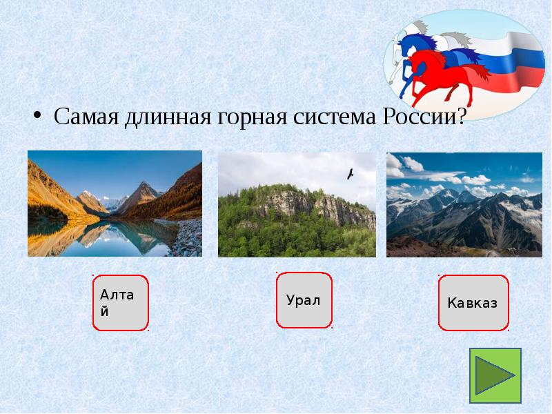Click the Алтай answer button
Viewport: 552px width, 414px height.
point(121,302)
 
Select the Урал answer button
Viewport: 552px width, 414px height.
point(304,300)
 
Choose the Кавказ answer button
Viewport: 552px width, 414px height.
point(473,303)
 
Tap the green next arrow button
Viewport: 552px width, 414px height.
point(495,375)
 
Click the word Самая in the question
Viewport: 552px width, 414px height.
point(86,115)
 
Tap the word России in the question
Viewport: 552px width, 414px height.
point(415,115)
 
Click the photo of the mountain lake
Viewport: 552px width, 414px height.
point(115,204)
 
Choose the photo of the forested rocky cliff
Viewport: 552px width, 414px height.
point(297,205)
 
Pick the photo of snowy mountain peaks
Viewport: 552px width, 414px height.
point(464,205)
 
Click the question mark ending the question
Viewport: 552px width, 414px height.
point(459,115)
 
